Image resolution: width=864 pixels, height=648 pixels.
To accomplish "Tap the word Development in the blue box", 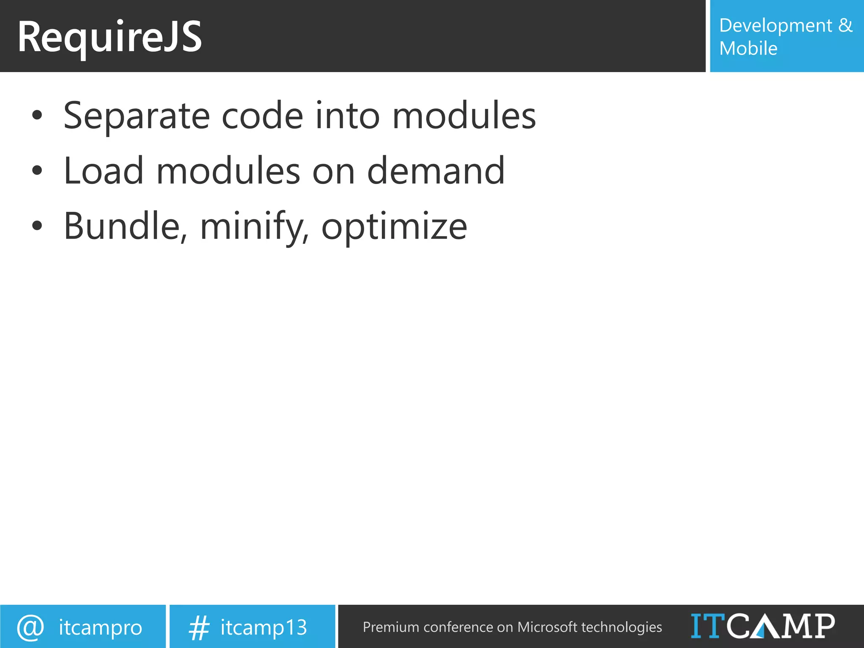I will pos(775,26).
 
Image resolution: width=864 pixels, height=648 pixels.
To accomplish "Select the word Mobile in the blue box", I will pos(748,49).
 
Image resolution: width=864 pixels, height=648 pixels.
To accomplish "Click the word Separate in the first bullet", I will pos(136,116).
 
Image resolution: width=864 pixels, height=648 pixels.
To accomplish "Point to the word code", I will pos(262,116).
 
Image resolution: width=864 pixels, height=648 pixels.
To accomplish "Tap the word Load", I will pos(103,171).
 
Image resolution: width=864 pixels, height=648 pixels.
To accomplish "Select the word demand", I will pos(435,171).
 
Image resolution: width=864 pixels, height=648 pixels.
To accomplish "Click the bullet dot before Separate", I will pos(37,115).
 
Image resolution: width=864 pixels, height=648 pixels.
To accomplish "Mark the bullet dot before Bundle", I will pos(37,226).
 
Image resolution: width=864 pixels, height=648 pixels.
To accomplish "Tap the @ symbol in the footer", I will pos(30,627).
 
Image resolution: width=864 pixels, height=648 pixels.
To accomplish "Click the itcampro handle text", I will pos(100,627).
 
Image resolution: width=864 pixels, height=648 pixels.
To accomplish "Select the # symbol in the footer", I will pos(199,628).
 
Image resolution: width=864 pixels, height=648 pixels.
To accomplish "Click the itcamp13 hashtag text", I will pos(264,627).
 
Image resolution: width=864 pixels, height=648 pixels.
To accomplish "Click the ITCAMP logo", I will pos(763,626).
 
